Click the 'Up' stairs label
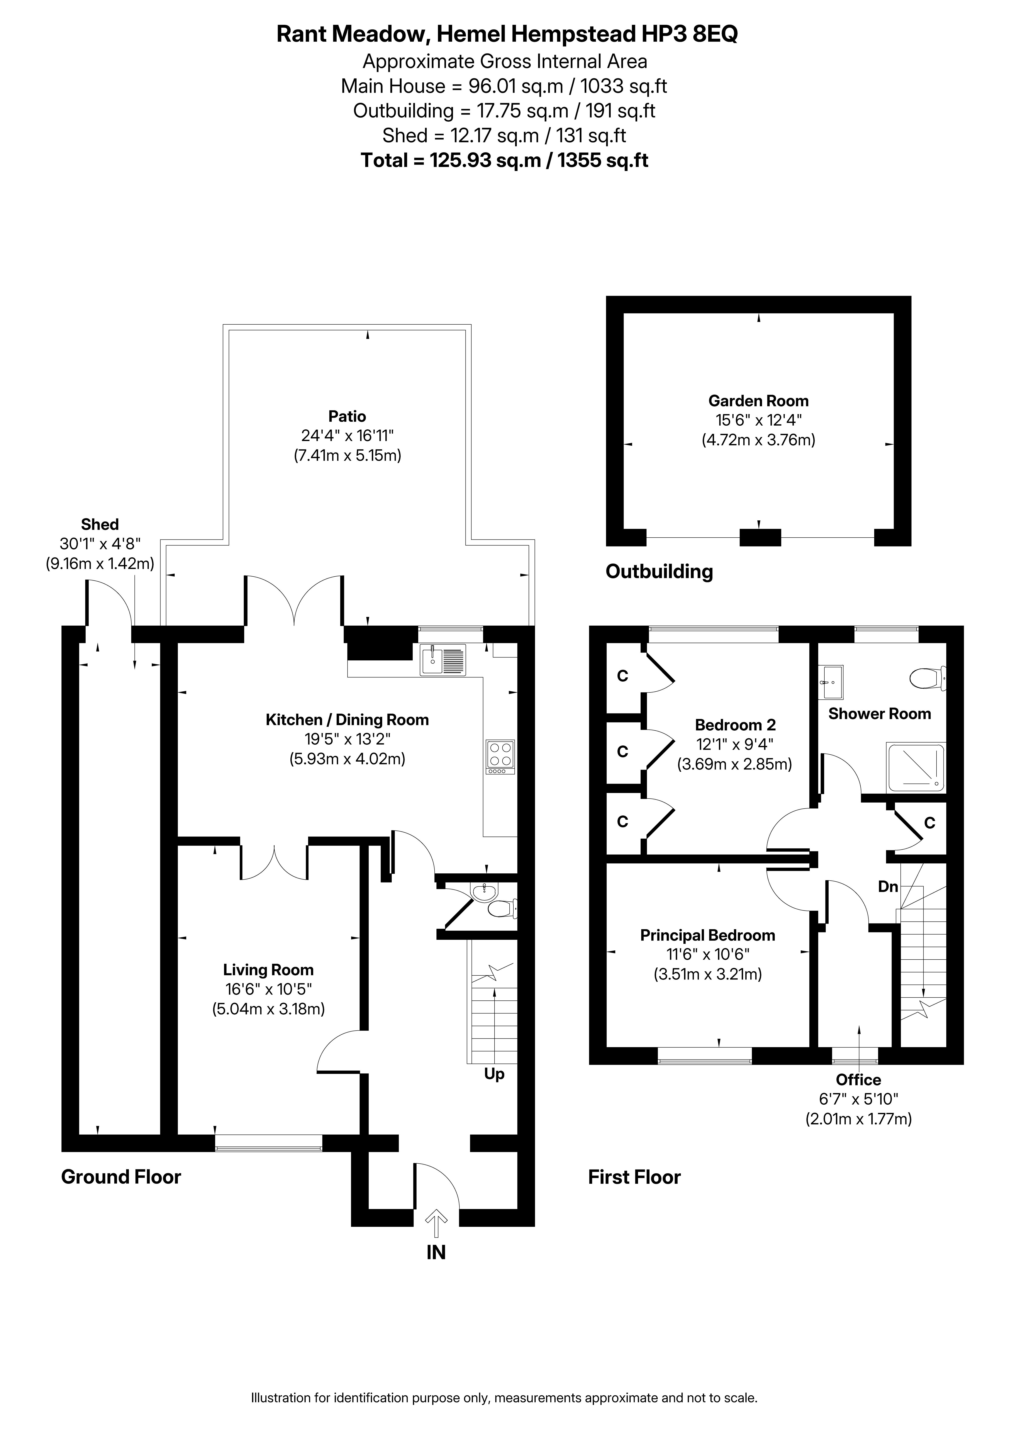[x=495, y=1074]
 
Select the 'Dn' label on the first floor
[x=888, y=886]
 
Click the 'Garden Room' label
[x=758, y=401]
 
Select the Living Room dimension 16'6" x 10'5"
[x=268, y=989]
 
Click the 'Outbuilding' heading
[x=659, y=571]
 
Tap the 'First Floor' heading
[x=634, y=1177]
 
